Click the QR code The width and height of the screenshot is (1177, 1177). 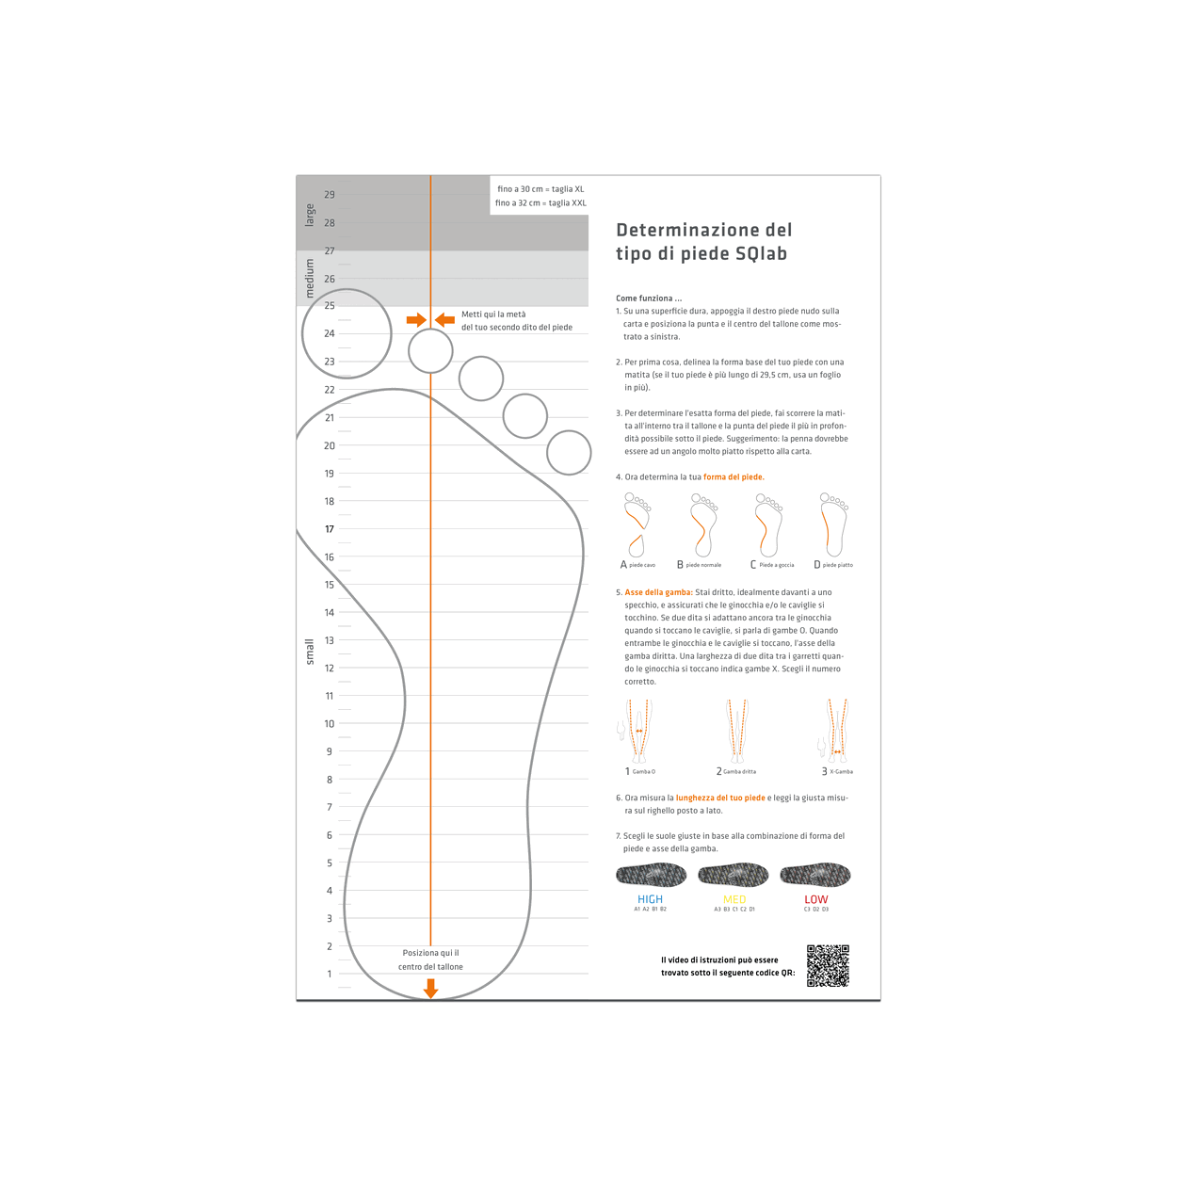[828, 965]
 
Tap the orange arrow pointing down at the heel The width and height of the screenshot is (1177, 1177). [430, 988]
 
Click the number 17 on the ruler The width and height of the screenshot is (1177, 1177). [330, 529]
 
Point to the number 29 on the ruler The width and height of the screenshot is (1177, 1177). [330, 195]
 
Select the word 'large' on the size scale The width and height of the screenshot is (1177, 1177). [310, 215]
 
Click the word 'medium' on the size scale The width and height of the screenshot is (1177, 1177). [310, 279]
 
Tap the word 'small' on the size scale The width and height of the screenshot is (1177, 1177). [310, 652]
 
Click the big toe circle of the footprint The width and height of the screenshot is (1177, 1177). [347, 333]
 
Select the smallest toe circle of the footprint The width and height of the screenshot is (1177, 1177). [569, 453]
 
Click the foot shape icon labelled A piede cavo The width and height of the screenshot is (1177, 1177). [637, 525]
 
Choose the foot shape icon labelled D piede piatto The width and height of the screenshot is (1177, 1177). [833, 525]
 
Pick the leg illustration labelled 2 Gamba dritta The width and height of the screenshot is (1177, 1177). [736, 731]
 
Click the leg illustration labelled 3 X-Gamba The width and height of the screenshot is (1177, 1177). [835, 731]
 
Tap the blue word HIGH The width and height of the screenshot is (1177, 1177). [650, 899]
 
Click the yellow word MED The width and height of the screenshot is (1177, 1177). [734, 899]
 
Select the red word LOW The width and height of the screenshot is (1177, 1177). [815, 899]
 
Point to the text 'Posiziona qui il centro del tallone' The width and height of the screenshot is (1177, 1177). [430, 959]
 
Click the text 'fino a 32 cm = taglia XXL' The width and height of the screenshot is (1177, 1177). [540, 202]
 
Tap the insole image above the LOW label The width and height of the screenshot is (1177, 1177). [815, 875]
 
